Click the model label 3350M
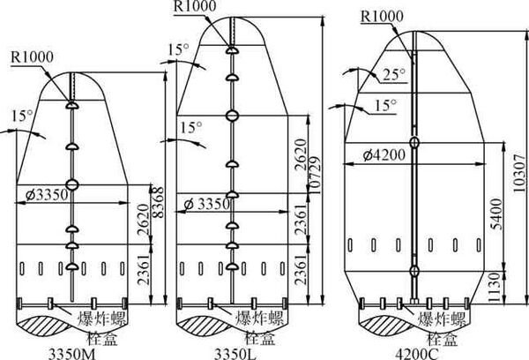click(72, 355)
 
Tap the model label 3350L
click(235, 355)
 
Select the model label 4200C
click(417, 355)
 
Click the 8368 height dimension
click(159, 202)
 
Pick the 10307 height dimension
click(520, 173)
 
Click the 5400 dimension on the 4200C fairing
click(497, 214)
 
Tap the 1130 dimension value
click(495, 287)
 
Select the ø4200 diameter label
click(384, 155)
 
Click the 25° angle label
click(393, 74)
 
